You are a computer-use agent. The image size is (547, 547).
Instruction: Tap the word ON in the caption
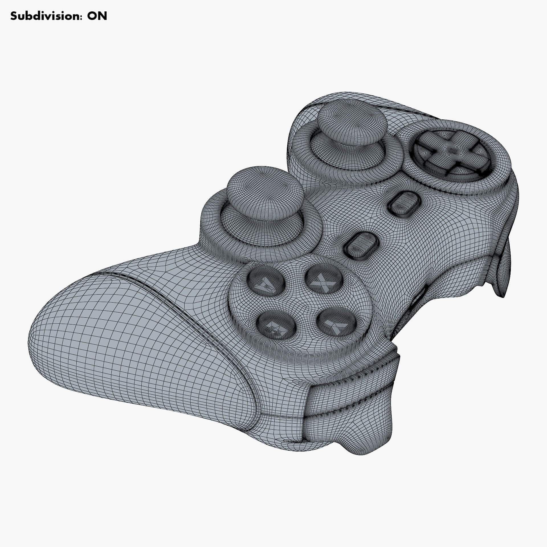point(97,16)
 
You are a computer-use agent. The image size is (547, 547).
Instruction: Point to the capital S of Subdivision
point(14,16)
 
